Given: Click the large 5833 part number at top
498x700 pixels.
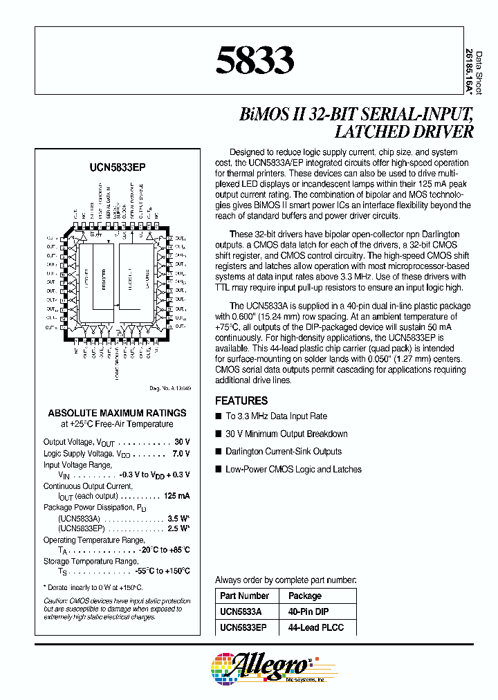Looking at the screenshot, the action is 255,60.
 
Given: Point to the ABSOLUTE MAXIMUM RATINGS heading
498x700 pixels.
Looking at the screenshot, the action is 117,412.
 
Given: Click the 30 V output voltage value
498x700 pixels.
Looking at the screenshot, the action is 182,442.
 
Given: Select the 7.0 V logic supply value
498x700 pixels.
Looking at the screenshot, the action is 181,454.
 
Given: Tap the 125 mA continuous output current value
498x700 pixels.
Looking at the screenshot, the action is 178,496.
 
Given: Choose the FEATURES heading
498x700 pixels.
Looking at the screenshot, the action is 241,400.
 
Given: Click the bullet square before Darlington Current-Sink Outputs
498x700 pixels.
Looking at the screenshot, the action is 219,452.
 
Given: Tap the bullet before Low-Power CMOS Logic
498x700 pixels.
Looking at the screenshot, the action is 219,470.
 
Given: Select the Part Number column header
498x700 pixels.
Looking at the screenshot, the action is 244,596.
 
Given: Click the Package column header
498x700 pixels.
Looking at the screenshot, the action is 305,596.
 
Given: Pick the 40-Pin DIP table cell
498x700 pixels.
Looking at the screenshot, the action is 308,611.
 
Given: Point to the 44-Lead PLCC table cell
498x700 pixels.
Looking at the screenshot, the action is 315,627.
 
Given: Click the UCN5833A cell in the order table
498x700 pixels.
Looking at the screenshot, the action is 242,611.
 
